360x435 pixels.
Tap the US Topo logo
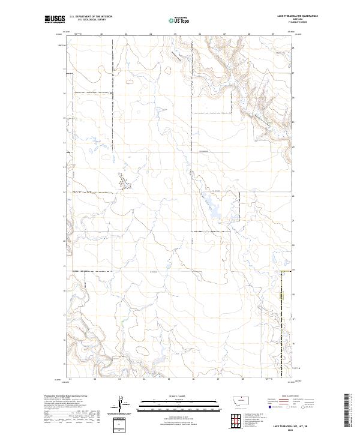(180, 20)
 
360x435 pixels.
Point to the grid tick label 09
(272, 35)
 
